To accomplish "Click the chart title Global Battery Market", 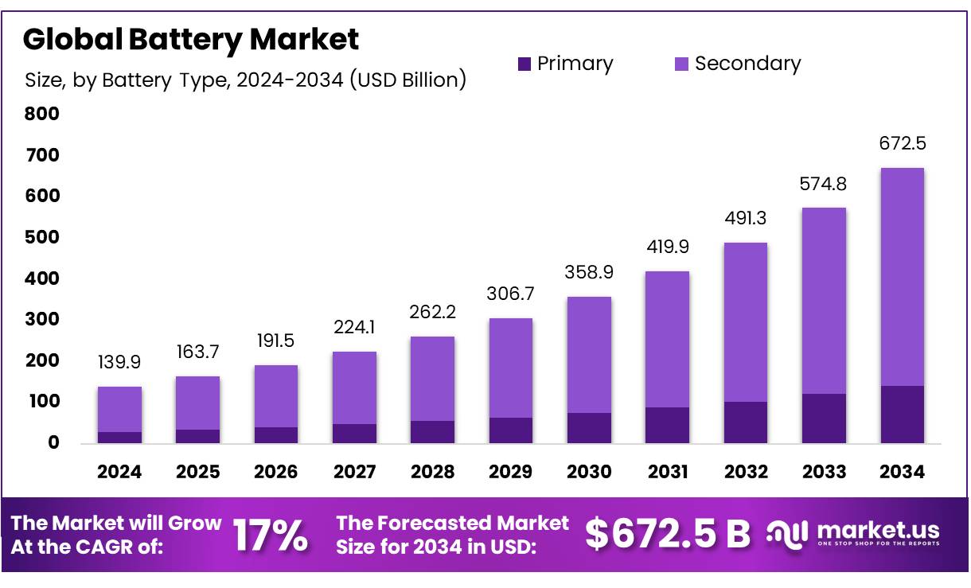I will [191, 39].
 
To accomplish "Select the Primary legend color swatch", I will [524, 64].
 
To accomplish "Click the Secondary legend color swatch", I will [681, 64].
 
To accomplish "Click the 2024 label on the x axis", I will [119, 472].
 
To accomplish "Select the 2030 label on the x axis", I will [589, 472].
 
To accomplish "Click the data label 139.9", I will [119, 363].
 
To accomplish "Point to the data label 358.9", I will [589, 272].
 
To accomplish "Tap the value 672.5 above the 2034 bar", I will [902, 144].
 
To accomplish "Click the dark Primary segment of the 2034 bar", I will [902, 415].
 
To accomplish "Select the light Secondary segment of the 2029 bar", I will [511, 368].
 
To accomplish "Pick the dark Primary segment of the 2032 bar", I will [746, 423].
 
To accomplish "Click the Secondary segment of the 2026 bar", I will [276, 396].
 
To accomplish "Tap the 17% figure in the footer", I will [270, 535].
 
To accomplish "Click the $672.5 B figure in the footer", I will [667, 535].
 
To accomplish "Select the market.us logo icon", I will [787, 534].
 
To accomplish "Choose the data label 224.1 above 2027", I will [354, 328].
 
